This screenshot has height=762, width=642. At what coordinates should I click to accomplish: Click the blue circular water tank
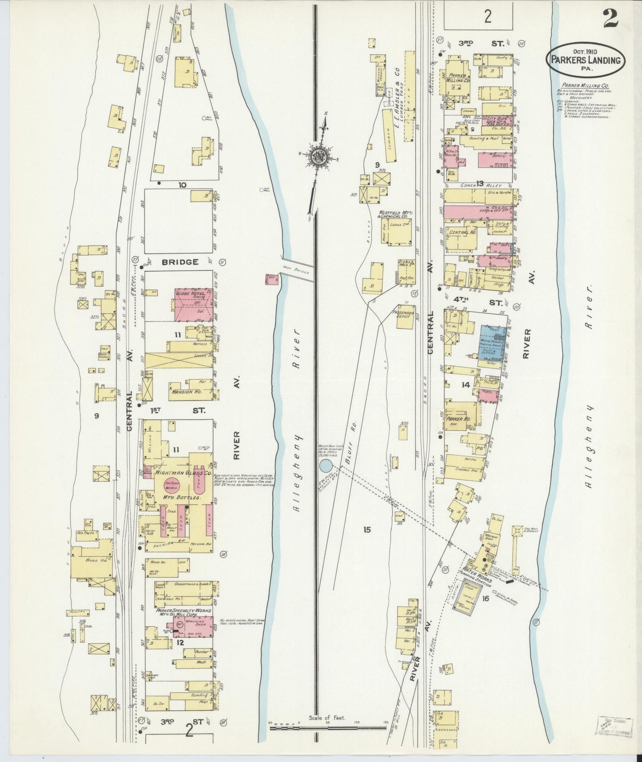(326, 466)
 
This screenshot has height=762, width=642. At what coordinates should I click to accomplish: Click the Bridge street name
(179, 262)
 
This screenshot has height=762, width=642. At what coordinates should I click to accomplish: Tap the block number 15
(367, 529)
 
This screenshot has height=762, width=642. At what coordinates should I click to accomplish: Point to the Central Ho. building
(460, 233)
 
